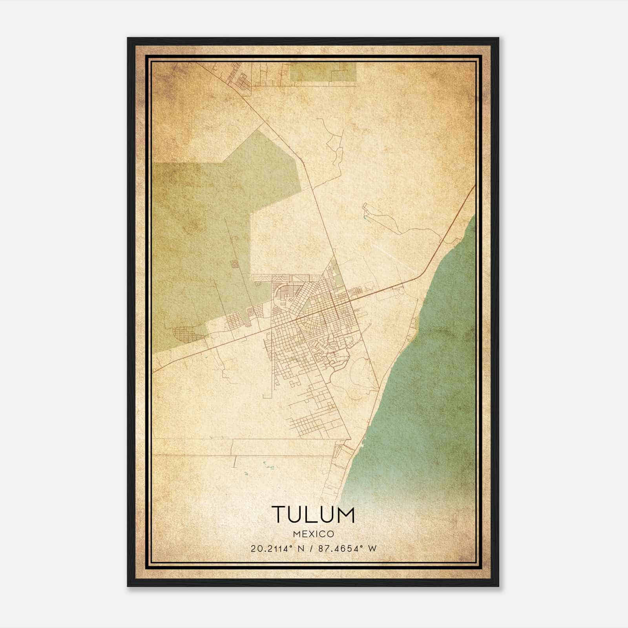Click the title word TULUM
313,515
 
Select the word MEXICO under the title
313,534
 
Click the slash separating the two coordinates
310,548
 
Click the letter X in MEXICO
310,534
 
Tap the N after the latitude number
301,548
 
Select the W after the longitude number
372,548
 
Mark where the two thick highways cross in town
334,308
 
